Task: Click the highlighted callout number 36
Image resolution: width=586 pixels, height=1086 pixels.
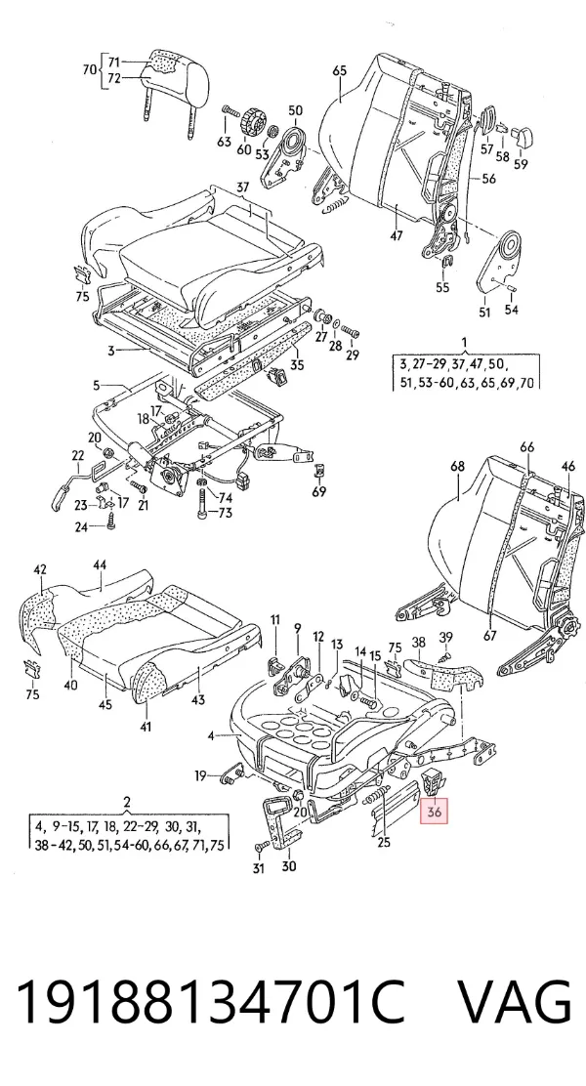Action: click(x=435, y=811)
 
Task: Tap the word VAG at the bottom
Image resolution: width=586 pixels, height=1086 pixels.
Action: click(x=516, y=1001)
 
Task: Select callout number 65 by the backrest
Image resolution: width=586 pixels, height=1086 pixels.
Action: click(x=339, y=70)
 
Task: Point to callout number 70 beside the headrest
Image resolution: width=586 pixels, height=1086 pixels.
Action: click(x=90, y=70)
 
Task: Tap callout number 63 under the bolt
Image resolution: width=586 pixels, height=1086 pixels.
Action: click(x=224, y=142)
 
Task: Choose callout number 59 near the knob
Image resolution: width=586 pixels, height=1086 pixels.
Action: click(x=521, y=164)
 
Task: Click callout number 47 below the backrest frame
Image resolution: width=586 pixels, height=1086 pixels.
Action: click(x=396, y=234)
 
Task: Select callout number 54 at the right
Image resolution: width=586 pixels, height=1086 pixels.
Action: click(x=511, y=310)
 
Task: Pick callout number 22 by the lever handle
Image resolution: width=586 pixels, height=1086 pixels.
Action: click(x=77, y=455)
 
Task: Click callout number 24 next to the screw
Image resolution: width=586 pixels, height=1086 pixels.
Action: click(x=82, y=527)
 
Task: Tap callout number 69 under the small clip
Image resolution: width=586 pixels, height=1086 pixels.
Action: click(x=318, y=492)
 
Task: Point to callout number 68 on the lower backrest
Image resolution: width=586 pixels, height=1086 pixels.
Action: click(x=458, y=466)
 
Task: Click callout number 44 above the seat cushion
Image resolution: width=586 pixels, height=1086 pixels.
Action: click(x=100, y=565)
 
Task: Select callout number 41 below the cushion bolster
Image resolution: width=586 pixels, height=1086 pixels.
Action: click(x=146, y=727)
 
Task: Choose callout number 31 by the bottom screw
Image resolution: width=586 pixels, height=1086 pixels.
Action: click(x=258, y=868)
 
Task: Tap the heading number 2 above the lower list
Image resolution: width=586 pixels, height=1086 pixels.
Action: click(x=127, y=803)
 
